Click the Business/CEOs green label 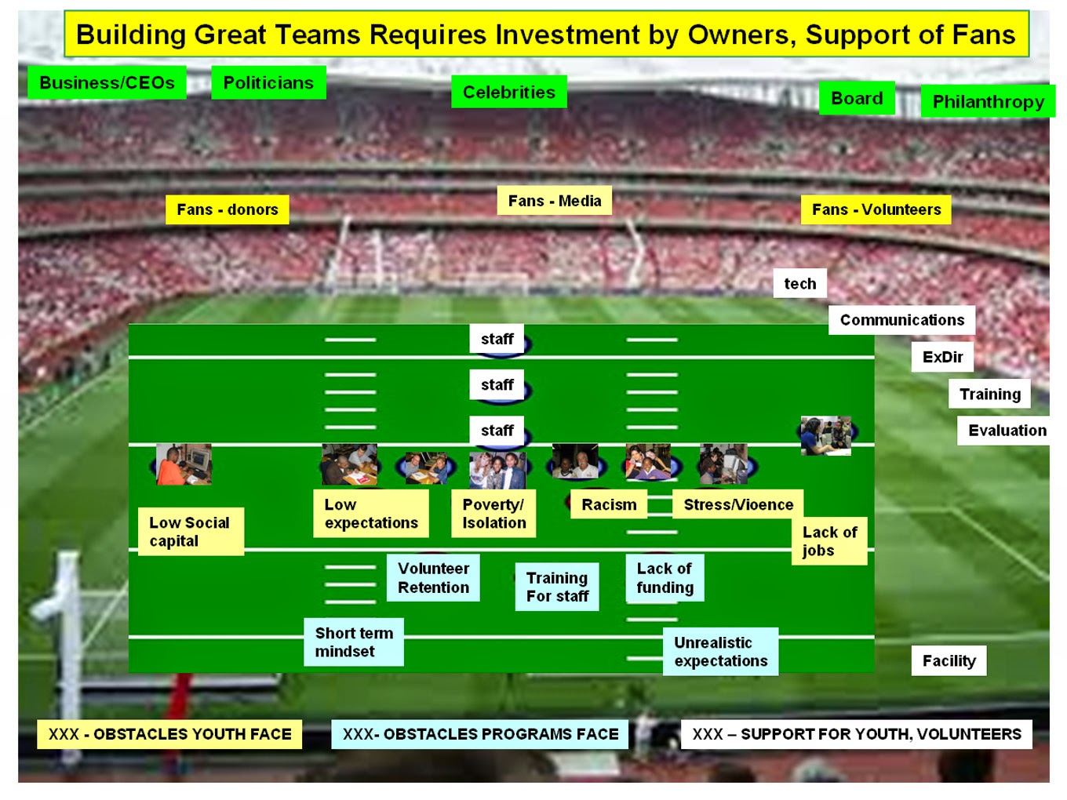(x=107, y=82)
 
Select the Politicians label (x=268, y=82)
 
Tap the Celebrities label (x=508, y=92)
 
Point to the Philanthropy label (x=988, y=101)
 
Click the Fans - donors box (x=227, y=209)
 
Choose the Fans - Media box (x=554, y=201)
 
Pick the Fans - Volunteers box (x=876, y=209)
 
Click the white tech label (x=799, y=284)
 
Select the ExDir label (x=942, y=357)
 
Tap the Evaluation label (x=1007, y=431)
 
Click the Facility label (x=949, y=660)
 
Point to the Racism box (x=609, y=504)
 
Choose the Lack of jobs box (x=829, y=541)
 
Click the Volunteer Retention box (x=433, y=578)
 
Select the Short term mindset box (x=354, y=642)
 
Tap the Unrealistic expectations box (x=720, y=652)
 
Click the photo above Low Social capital (x=184, y=464)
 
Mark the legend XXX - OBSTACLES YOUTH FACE (x=169, y=734)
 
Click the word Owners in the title (x=739, y=35)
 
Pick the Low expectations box (x=371, y=514)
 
